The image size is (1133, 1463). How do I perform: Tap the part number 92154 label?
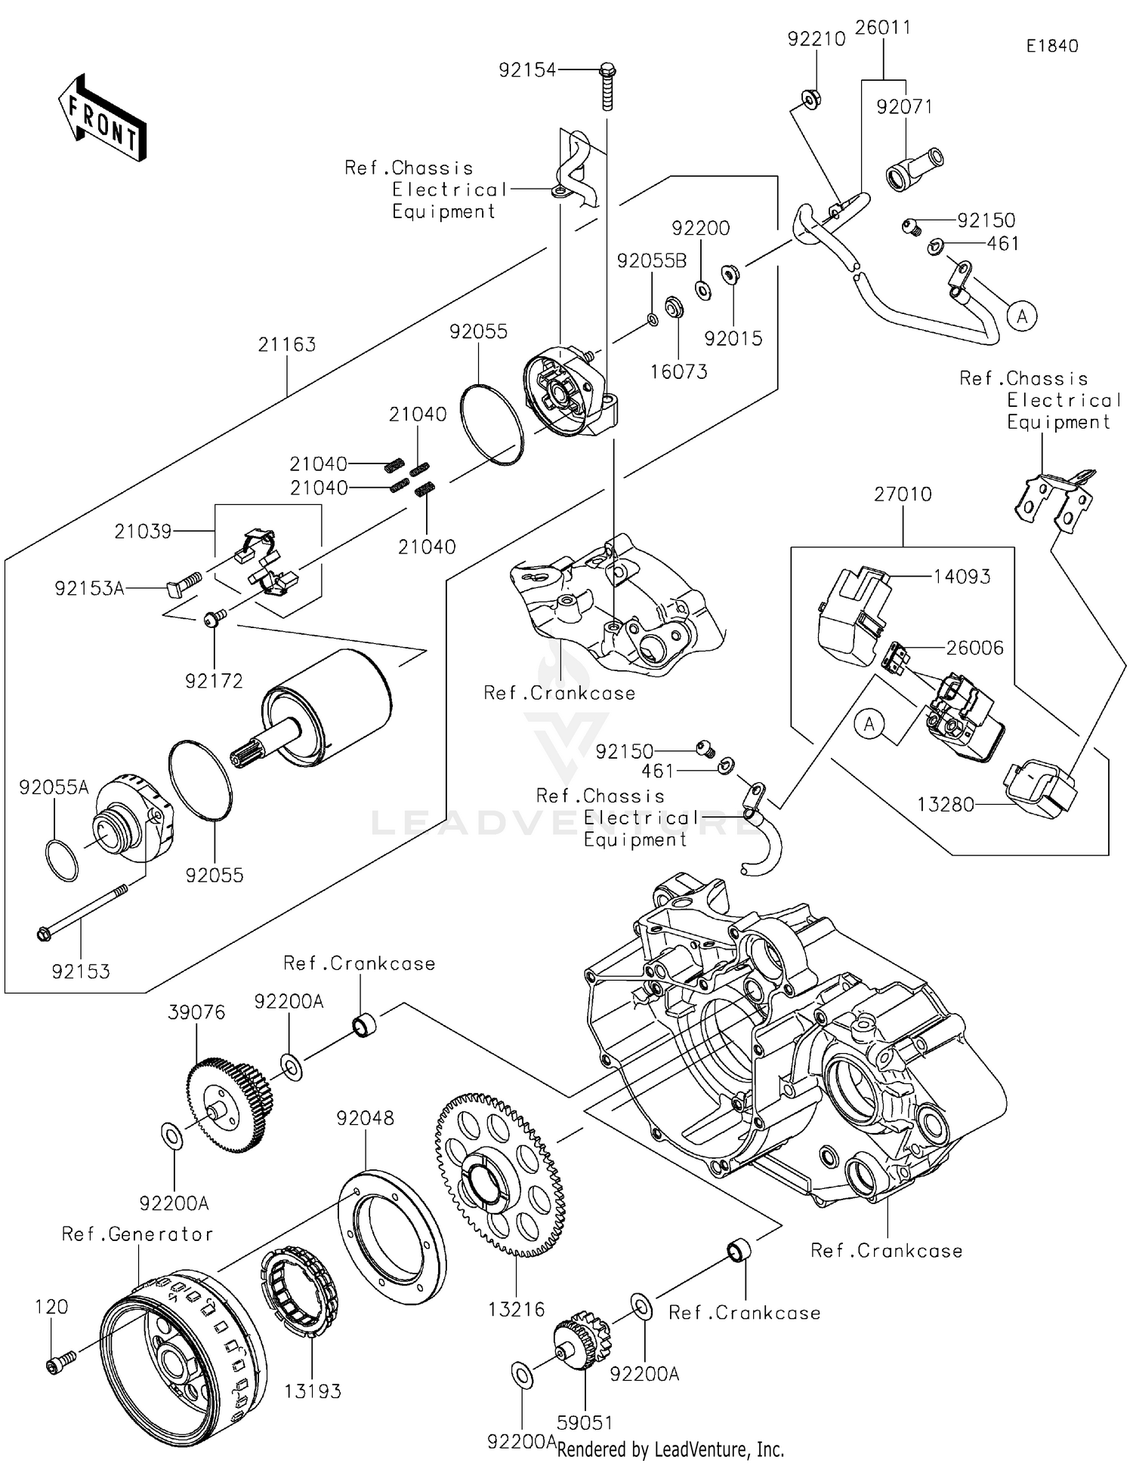[526, 70]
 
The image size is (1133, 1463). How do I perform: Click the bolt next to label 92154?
[607, 86]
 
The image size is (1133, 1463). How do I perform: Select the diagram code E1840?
[1051, 46]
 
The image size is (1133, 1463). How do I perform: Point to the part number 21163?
[286, 345]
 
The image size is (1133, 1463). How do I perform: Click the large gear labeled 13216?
[500, 1174]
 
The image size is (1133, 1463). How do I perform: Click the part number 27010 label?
[903, 494]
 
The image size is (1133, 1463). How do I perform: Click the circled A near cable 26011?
[1022, 316]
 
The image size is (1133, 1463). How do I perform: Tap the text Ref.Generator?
[137, 1234]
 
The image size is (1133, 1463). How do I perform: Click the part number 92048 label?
[365, 1117]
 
